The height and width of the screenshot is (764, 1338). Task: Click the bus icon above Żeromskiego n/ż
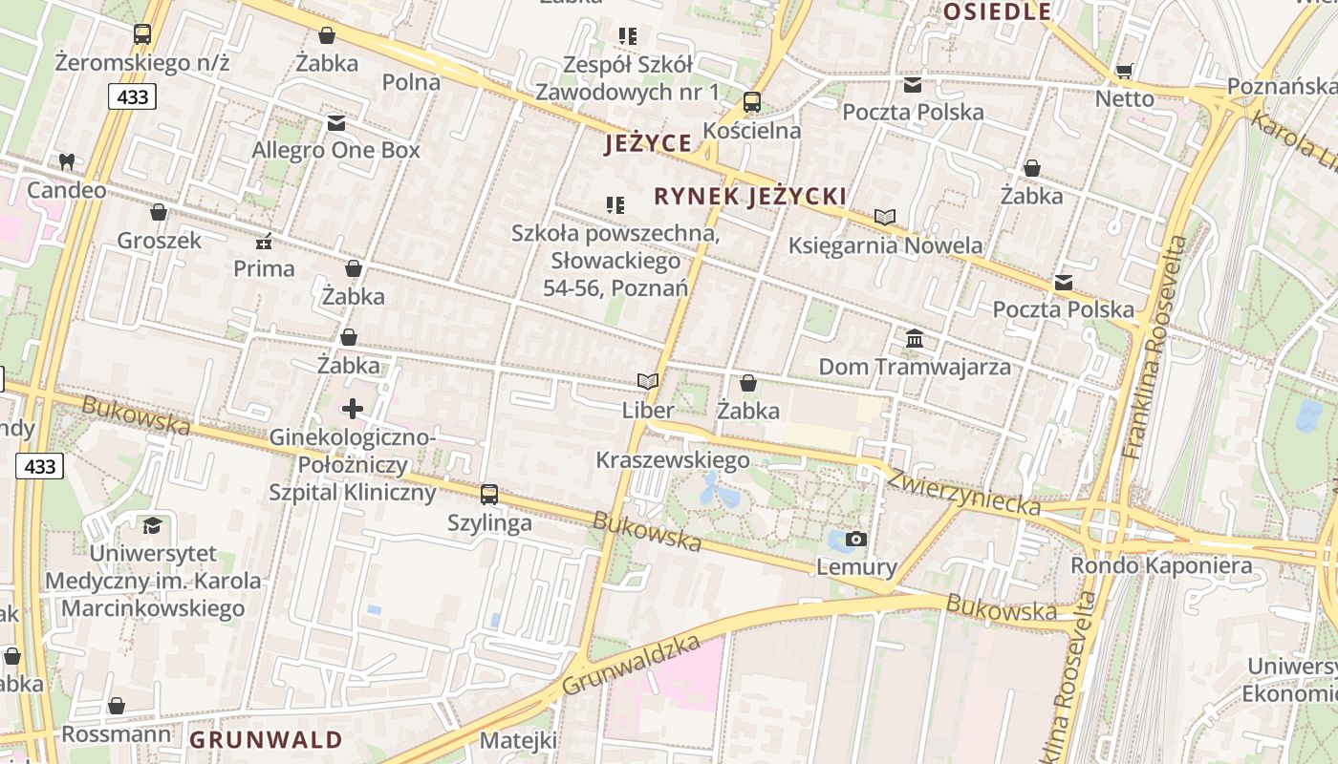pos(142,34)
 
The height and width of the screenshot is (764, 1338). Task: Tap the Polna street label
pos(411,82)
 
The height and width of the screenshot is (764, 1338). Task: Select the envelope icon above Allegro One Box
pos(335,123)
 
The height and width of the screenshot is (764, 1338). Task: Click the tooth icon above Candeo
pos(66,162)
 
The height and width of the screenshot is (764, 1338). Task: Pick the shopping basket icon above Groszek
pos(159,212)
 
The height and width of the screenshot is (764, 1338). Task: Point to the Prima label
pos(264,268)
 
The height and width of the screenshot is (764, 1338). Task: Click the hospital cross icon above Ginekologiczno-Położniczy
pos(353,410)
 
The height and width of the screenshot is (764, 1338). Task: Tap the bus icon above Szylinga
pos(489,495)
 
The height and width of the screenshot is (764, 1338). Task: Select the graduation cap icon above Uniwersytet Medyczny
pos(152,525)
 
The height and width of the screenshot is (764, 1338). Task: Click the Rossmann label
pos(117,734)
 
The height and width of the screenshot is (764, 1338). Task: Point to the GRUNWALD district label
pos(266,740)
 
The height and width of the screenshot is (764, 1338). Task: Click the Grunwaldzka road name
pos(631,666)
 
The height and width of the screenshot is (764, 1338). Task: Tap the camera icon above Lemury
pos(856,540)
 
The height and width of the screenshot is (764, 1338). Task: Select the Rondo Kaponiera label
pos(1161,565)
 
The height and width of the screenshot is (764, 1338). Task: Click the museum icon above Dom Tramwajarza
pos(915,339)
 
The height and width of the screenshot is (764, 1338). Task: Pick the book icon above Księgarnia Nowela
pos(885,218)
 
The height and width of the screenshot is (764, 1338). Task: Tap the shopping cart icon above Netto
pos(1125,72)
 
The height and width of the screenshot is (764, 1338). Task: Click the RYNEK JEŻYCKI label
pos(750,197)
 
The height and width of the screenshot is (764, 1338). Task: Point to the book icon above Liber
pos(648,382)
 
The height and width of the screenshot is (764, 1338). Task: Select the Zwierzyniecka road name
pos(963,493)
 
